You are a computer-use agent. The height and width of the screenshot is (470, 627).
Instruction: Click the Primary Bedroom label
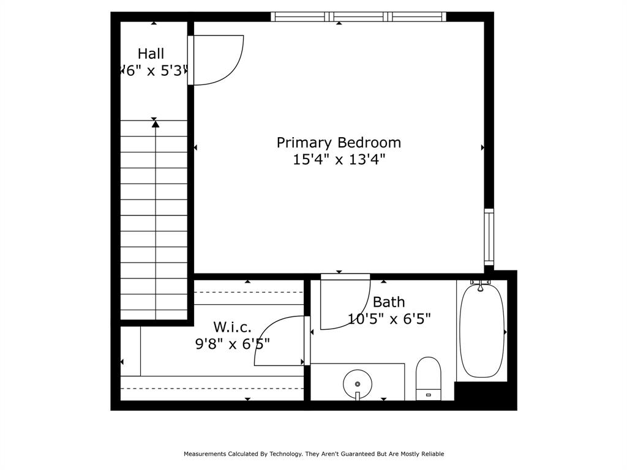click(339, 143)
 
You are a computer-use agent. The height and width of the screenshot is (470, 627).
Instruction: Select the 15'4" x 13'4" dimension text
click(339, 160)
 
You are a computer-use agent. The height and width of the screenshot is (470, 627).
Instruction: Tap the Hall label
click(151, 54)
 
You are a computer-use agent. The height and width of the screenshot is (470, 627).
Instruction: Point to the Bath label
click(389, 302)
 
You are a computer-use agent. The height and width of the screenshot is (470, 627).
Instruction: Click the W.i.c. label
click(232, 327)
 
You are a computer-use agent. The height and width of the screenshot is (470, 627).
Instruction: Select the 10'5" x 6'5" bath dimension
click(389, 319)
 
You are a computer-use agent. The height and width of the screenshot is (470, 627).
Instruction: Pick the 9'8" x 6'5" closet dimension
click(232, 344)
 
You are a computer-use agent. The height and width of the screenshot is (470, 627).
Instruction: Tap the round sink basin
click(358, 384)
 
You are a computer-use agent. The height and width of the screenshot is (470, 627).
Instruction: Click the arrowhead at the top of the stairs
click(156, 124)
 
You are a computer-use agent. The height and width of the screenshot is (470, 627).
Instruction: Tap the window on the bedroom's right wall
click(489, 237)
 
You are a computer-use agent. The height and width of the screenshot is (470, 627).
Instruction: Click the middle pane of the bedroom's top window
click(359, 17)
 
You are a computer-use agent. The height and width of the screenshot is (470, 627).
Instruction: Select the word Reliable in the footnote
click(432, 454)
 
